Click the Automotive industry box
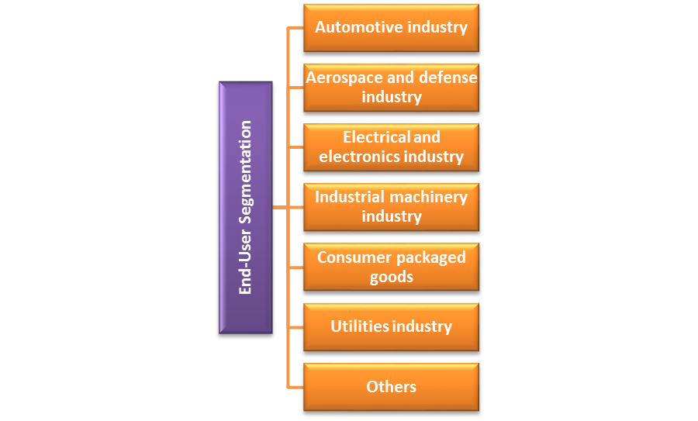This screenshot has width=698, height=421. coord(391,28)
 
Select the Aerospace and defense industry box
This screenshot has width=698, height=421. coord(391,88)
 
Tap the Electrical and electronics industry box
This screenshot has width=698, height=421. coord(391,147)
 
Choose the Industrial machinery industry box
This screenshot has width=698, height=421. coord(391,207)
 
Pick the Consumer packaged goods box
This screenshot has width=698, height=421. coord(391,267)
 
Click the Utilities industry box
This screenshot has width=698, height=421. coord(391,326)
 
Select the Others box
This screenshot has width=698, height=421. coord(391,386)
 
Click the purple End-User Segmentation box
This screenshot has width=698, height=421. coord(246,208)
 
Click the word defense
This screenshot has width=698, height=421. coord(448,78)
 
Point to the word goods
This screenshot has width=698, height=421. coord(391,277)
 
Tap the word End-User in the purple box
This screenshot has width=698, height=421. coord(246,267)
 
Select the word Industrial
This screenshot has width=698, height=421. coord(350,197)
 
